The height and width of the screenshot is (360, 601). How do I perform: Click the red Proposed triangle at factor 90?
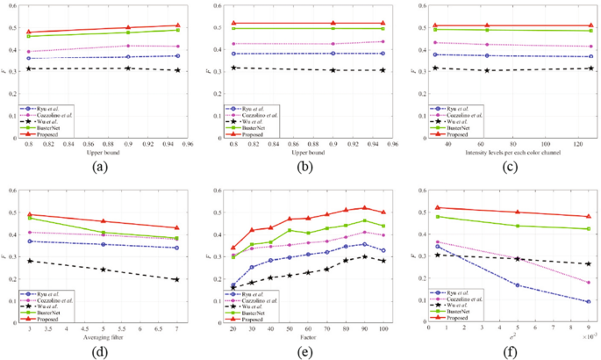tap(364, 208)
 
